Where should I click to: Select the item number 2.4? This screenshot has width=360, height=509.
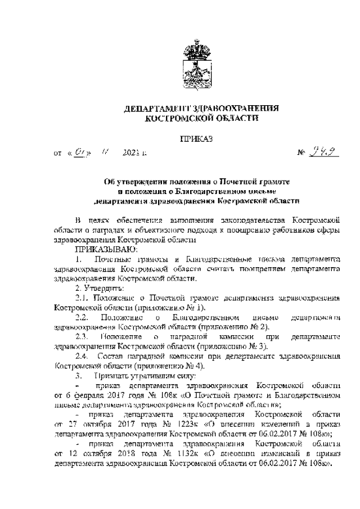click(x=83, y=357)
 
